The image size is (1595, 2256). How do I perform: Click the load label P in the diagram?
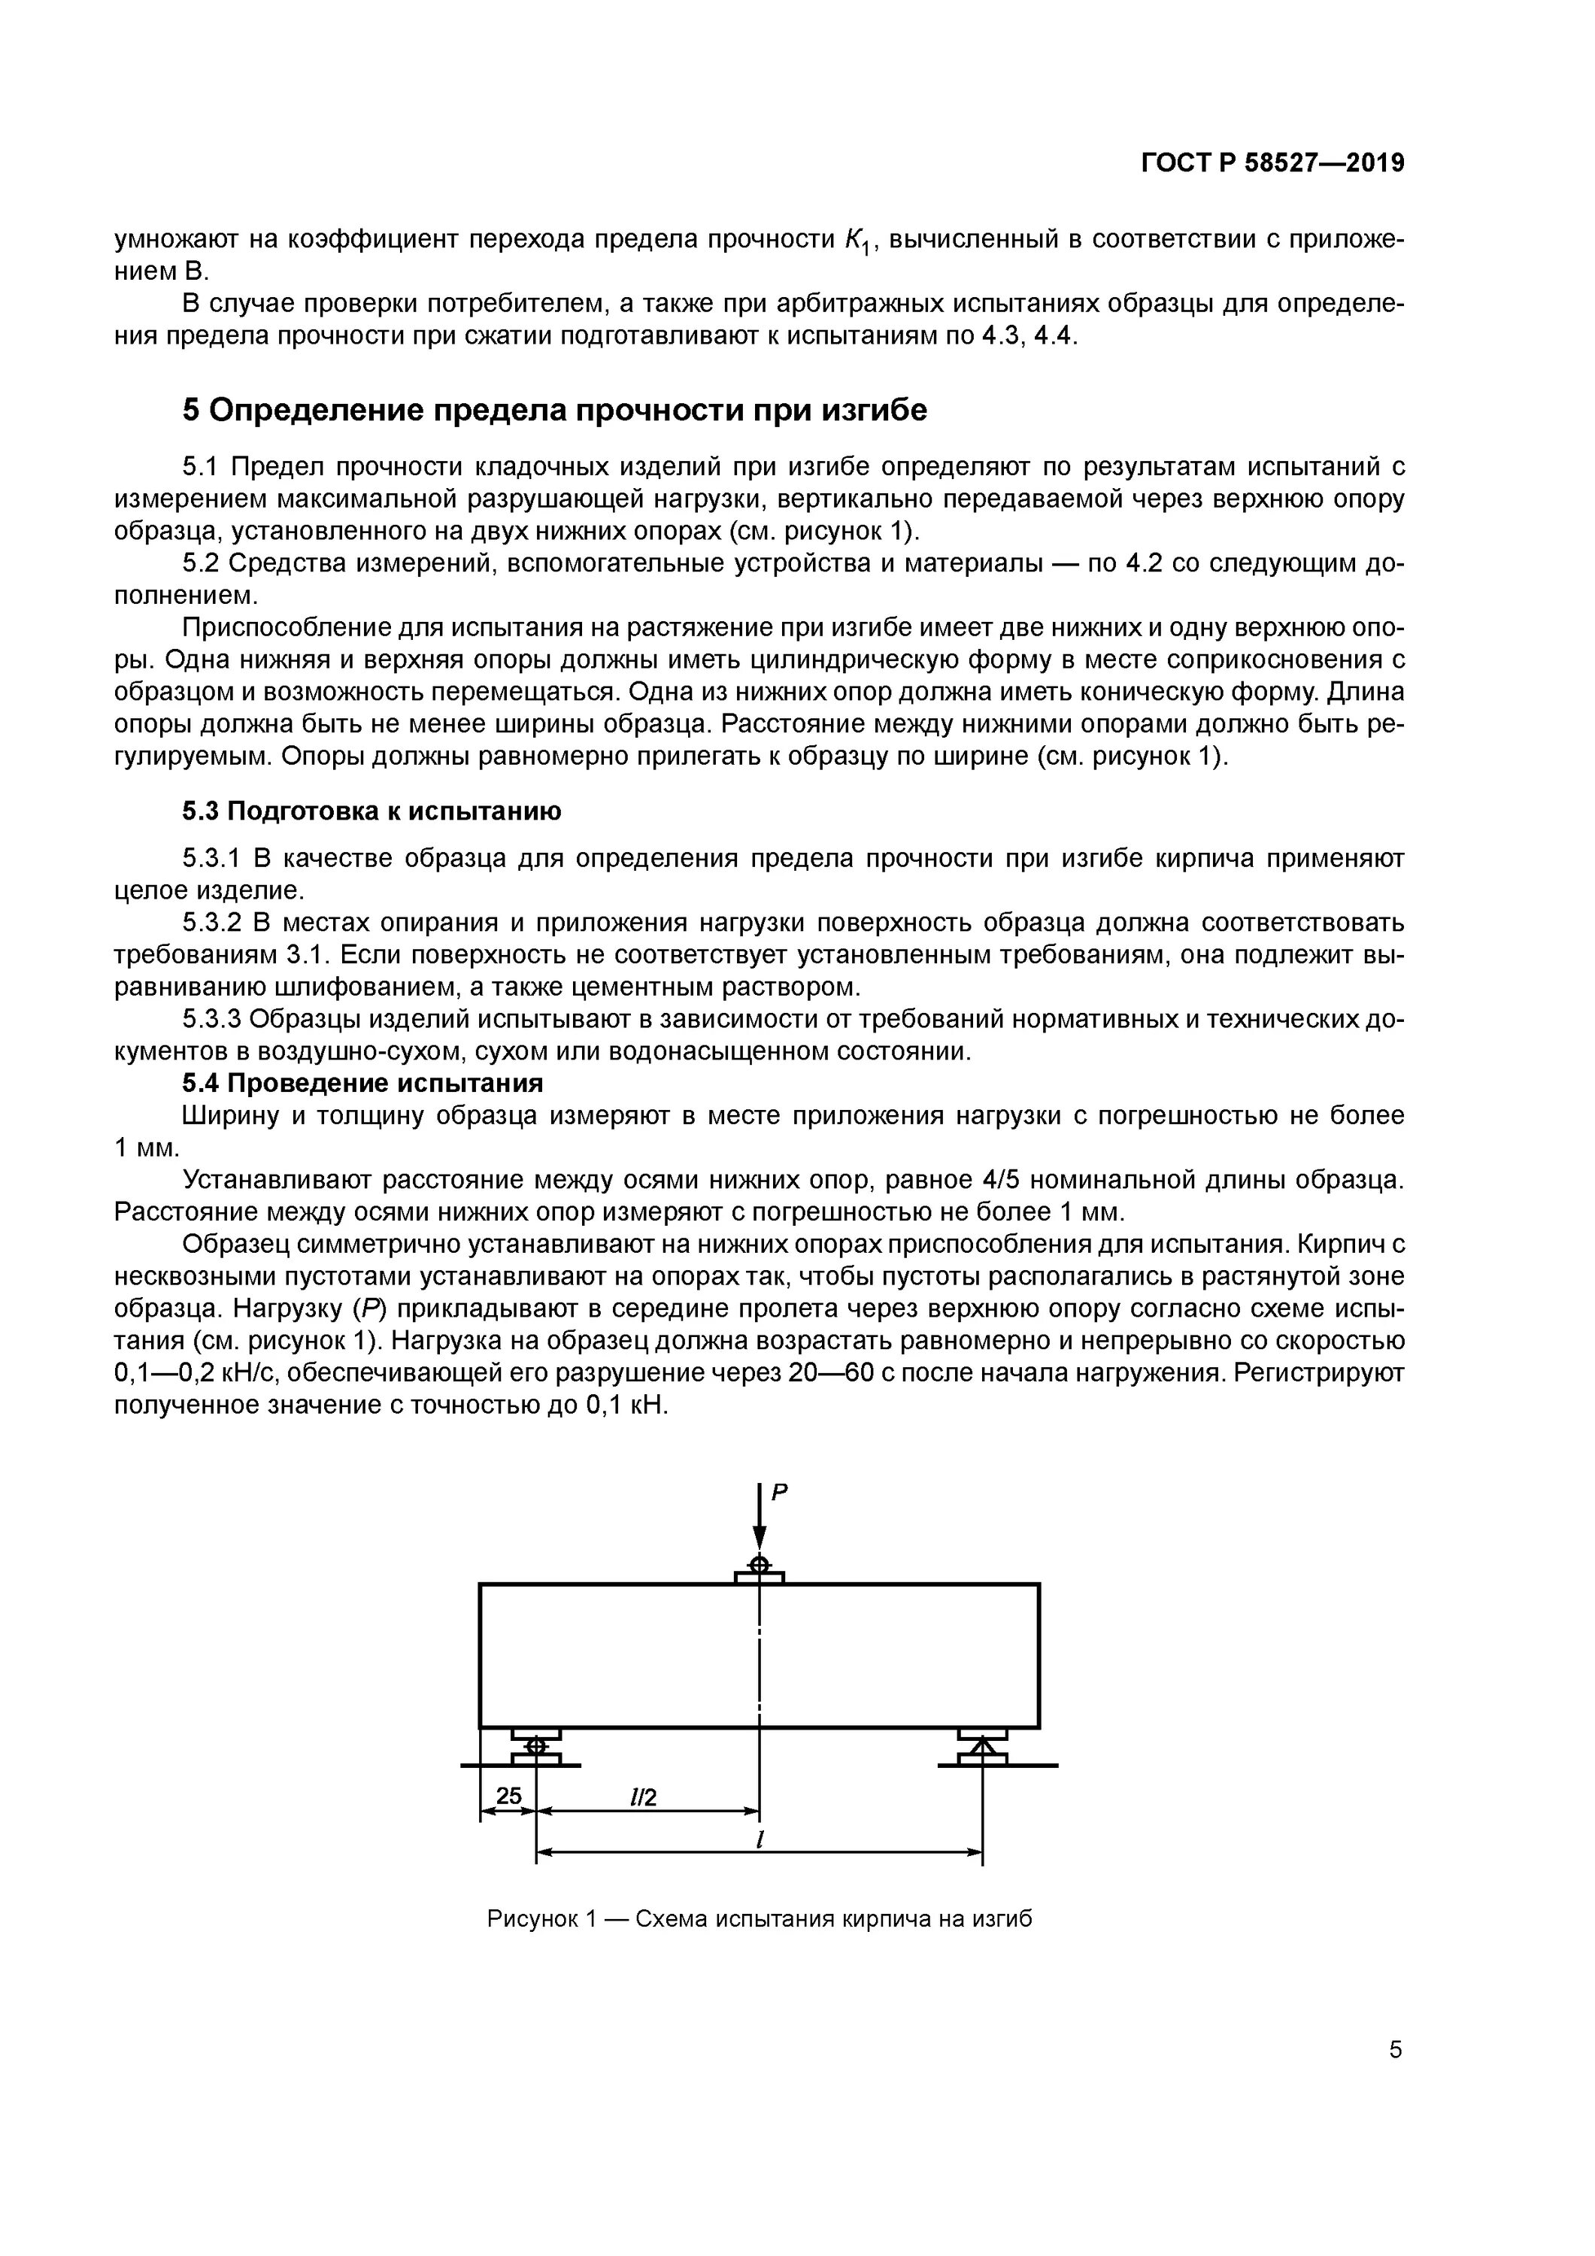[779, 1493]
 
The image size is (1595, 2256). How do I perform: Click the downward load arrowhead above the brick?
[759, 1539]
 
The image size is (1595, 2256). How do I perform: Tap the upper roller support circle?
[759, 1563]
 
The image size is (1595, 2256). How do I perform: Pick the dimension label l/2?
[643, 1797]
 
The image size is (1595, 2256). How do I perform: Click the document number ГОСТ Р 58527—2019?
[1272, 163]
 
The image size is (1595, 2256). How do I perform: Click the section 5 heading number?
[191, 410]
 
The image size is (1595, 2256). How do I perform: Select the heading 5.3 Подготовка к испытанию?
[371, 811]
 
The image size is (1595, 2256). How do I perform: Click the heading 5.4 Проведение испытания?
[362, 1083]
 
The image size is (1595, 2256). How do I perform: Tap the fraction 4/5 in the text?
[1002, 1179]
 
